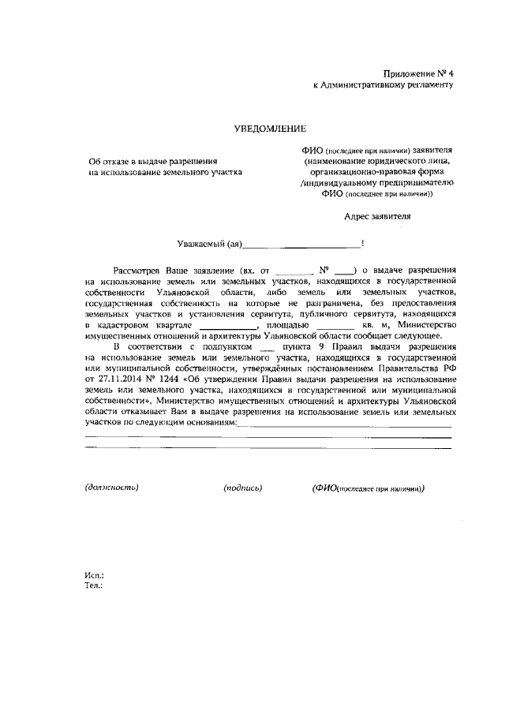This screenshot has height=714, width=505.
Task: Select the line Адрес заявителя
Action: click(x=377, y=215)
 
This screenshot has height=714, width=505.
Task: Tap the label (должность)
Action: click(x=112, y=488)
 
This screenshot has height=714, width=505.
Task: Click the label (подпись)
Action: click(x=243, y=488)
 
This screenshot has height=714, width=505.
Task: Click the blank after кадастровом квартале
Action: click(x=228, y=324)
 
